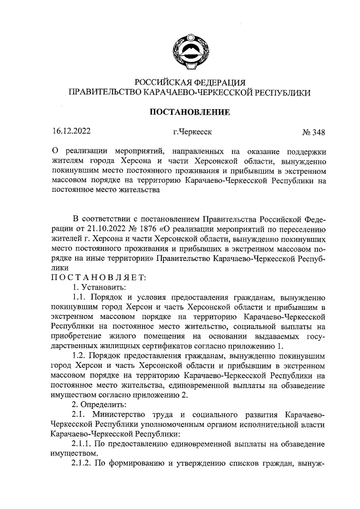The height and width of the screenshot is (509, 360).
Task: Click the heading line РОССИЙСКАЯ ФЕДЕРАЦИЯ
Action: (x=188, y=82)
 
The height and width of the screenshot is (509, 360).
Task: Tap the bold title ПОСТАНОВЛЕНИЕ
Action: (x=188, y=112)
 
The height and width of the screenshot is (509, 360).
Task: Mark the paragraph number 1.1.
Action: (x=80, y=296)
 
